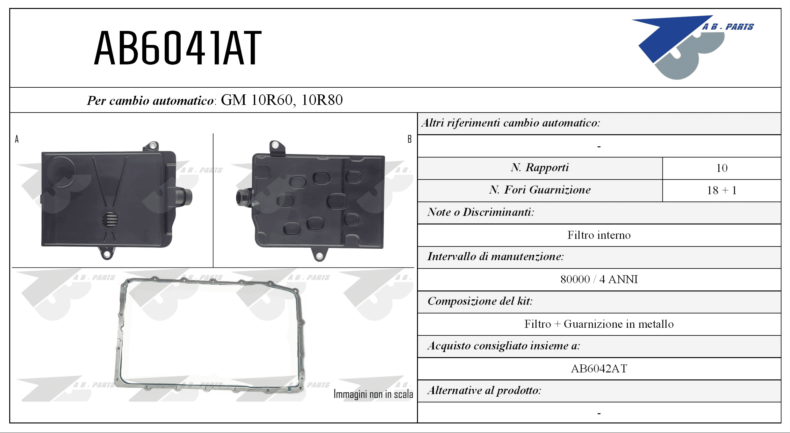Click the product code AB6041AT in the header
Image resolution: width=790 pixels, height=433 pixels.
pos(178,48)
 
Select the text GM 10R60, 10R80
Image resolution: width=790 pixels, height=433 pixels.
pos(282,100)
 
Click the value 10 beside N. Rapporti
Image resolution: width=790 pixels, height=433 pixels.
pos(722,168)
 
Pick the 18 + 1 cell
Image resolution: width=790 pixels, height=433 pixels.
pos(722,190)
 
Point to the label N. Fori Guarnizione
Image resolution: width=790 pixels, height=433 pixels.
pos(540,190)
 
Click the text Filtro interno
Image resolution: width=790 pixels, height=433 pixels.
pos(599,235)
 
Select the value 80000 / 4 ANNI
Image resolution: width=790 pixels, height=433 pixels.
pos(599,279)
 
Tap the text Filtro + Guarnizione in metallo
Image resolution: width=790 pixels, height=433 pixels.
pos(599,324)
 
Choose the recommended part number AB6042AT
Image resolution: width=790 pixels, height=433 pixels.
pos(599,369)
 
